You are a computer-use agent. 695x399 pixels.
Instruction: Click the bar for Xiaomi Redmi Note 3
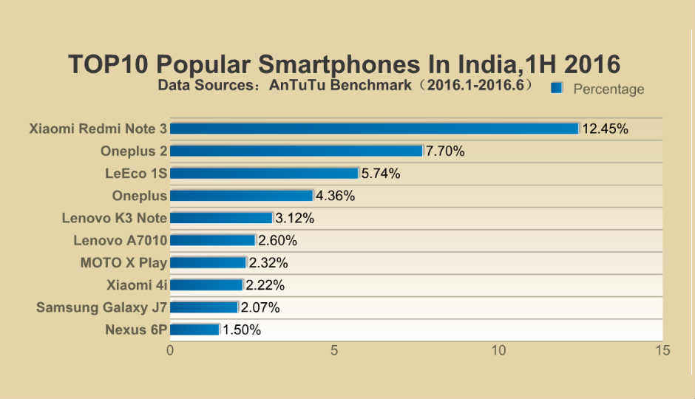(374, 129)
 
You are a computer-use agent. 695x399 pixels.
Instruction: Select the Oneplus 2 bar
(296, 151)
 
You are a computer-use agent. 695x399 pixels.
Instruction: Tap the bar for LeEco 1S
(264, 174)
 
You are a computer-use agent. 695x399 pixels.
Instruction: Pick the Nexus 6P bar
(194, 330)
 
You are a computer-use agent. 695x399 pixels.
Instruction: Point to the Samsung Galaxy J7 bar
(204, 307)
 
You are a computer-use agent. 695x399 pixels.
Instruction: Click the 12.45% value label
(605, 129)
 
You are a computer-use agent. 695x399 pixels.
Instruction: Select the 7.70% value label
(445, 151)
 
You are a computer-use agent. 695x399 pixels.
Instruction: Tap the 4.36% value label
(336, 196)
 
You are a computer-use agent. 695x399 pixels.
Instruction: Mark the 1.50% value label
(242, 330)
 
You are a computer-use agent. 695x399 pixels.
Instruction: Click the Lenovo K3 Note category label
(115, 218)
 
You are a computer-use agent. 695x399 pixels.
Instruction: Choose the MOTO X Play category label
(123, 262)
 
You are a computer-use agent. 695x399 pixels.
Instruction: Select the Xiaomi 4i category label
(137, 284)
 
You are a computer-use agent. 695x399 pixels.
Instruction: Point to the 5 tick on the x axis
(335, 350)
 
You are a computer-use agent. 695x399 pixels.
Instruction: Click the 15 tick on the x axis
(662, 350)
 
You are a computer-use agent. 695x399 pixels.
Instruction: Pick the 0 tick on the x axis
(171, 350)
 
